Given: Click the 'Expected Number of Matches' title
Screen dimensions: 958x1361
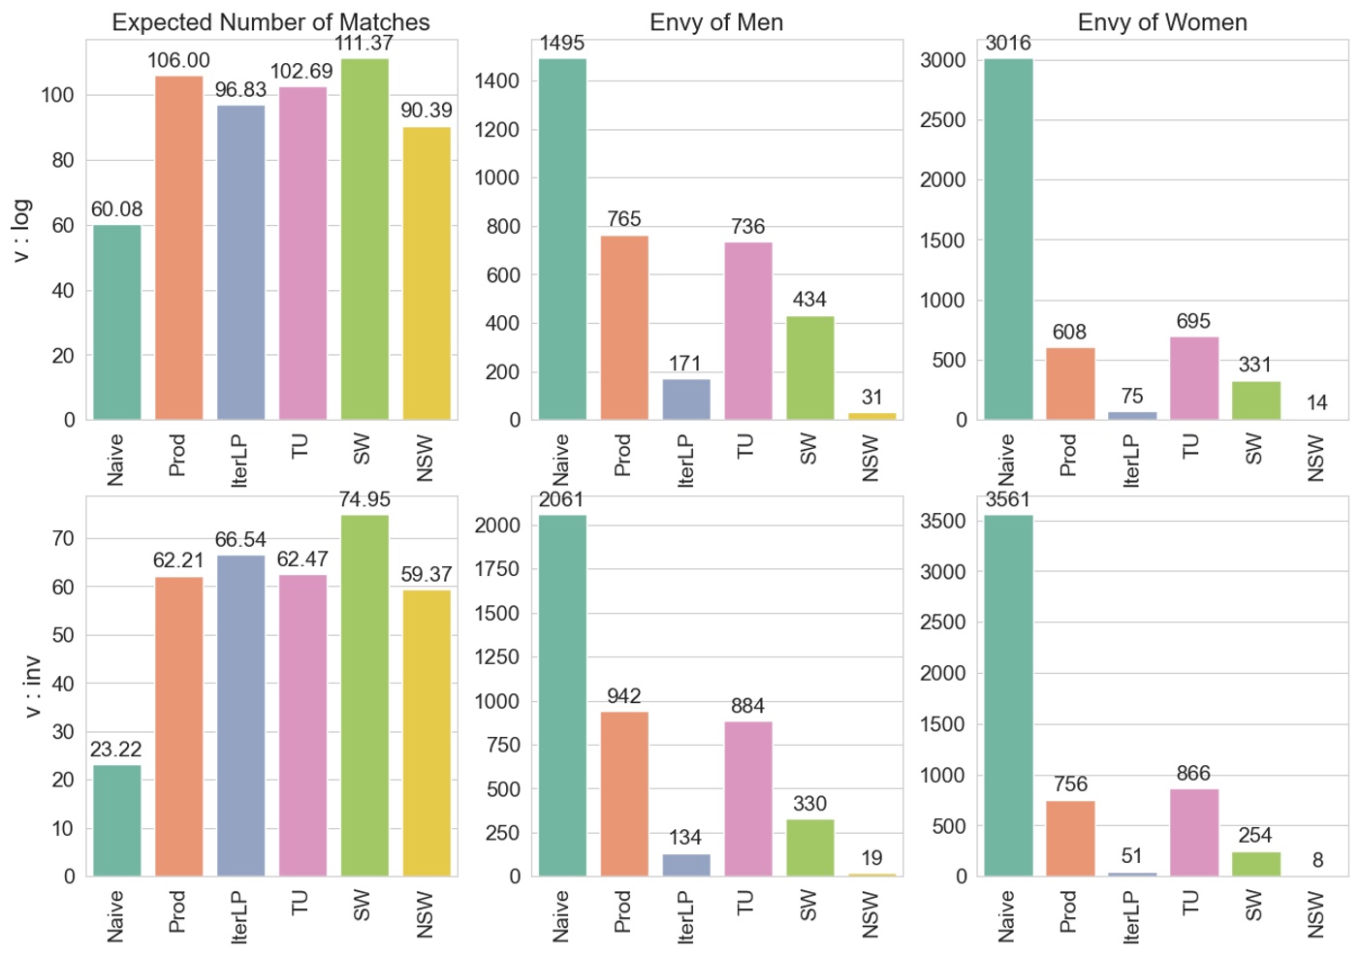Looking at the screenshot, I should pos(270,22).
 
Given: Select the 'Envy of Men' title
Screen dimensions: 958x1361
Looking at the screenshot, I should pos(716,22).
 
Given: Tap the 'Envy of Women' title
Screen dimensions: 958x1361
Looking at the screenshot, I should pos(1162,22).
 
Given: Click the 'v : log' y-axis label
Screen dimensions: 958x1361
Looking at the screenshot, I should pos(21,230).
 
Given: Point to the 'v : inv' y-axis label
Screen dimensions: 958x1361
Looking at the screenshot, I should pos(32,687).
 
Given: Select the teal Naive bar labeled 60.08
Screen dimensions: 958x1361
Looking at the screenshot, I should pos(116,323).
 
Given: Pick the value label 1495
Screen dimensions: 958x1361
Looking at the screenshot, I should pos(562,44).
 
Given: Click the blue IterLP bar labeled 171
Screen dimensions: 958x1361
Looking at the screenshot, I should pos(686,399).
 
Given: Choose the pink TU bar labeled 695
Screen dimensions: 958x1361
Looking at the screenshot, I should pos(1193,378).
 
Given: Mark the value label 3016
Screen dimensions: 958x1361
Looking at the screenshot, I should pos(1008,44).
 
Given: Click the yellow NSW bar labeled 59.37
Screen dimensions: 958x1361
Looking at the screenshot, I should pos(427,733).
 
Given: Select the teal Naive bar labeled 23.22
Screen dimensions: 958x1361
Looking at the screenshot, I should pos(116,820).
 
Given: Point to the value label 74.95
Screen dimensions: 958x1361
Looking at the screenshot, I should pos(364,499).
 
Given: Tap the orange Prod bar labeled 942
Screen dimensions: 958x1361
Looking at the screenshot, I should pos(624,794).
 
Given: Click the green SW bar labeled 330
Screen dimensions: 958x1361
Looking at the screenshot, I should pos(809,847).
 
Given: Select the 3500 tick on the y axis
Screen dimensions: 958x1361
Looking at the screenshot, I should pos(942,522).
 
